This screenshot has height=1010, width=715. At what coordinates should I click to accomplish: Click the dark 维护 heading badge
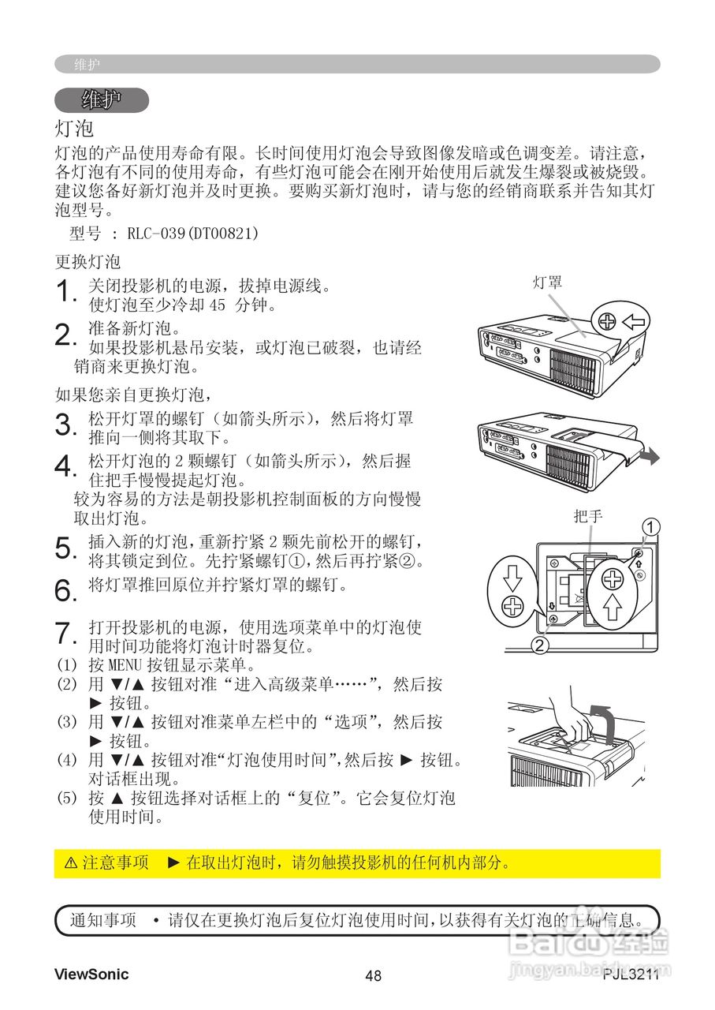[x=102, y=100]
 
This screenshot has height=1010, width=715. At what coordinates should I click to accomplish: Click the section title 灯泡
[x=74, y=127]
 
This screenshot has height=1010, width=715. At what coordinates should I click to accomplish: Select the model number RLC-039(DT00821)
[x=192, y=234]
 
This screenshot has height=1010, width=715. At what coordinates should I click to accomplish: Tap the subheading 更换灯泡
[x=88, y=261]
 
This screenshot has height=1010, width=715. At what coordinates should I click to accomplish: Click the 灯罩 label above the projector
[x=547, y=282]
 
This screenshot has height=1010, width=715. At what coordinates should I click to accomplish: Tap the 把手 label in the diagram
[x=588, y=517]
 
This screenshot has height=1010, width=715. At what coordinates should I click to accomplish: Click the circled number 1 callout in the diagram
[x=651, y=526]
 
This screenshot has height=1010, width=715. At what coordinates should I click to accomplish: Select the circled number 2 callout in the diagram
[x=539, y=645]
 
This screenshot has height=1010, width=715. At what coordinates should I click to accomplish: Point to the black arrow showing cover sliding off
[x=649, y=458]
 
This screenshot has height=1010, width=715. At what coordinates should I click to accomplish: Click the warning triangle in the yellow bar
[x=70, y=863]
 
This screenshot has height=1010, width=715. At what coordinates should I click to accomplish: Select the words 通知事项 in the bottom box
[x=102, y=920]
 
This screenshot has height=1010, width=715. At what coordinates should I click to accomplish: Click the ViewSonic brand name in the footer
[x=91, y=974]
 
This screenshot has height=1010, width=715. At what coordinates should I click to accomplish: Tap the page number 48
[x=373, y=976]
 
